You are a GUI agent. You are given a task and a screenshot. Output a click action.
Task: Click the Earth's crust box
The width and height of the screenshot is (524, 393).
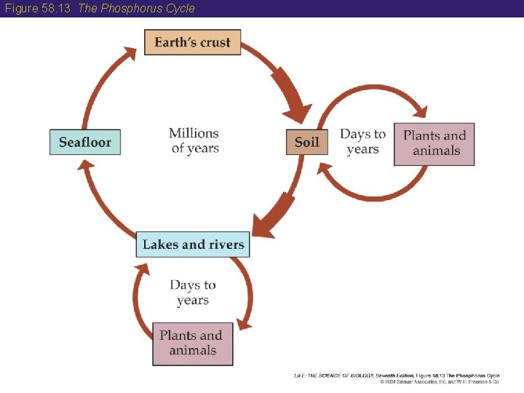(x=192, y=42)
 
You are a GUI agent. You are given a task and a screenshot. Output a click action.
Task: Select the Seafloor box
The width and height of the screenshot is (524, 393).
(x=85, y=142)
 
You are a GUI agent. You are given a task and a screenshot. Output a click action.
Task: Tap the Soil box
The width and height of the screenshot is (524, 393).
(x=306, y=142)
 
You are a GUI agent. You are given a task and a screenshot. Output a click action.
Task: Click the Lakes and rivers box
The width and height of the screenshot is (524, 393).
(x=193, y=245)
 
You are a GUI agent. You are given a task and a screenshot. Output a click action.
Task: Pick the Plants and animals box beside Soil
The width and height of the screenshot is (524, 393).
(x=434, y=143)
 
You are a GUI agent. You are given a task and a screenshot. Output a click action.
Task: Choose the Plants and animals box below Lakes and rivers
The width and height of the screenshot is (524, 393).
(x=193, y=343)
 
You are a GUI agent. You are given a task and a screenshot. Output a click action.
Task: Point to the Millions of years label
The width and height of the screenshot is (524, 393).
(x=194, y=140)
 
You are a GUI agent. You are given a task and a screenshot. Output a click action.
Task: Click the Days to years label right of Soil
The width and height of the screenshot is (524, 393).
(x=362, y=142)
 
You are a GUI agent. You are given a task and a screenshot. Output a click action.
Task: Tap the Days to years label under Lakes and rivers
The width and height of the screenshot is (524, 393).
(x=193, y=293)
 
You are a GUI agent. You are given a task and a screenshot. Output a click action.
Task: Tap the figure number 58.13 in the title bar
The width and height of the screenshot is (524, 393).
(x=59, y=9)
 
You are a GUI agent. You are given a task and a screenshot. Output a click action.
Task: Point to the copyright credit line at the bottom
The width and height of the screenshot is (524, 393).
(x=397, y=378)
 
